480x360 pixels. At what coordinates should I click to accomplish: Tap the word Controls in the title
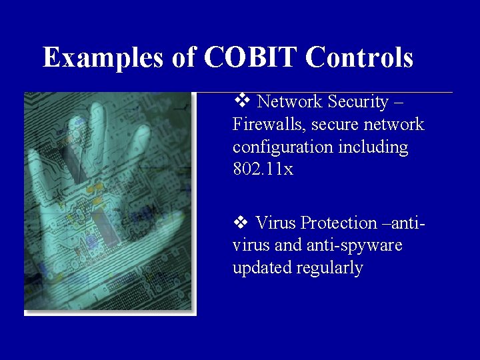coord(360,57)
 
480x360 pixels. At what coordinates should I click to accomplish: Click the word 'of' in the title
coord(184,57)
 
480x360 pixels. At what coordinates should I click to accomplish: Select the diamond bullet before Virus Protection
coord(241,222)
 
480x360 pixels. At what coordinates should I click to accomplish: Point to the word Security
coord(359,102)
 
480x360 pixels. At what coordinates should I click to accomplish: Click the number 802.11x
coord(263,169)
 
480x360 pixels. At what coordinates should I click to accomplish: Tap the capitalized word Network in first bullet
coord(288,102)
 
